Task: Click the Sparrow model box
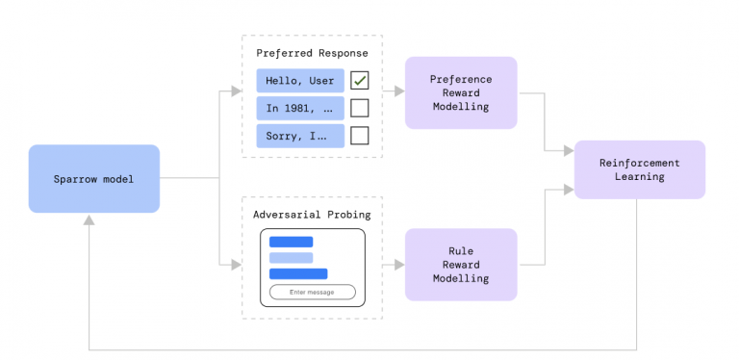tap(93, 178)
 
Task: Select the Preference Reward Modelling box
tap(461, 93)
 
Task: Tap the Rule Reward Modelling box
tap(461, 265)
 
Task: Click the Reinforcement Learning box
tap(639, 169)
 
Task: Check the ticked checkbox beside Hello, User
tap(359, 81)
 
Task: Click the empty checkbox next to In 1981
tap(359, 108)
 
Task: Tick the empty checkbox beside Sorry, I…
tap(359, 136)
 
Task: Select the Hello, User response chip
tap(300, 81)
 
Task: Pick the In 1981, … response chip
tap(300, 108)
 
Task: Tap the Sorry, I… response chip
tap(300, 136)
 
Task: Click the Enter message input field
tap(312, 292)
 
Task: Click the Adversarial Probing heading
tap(312, 213)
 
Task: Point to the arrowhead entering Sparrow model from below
tap(89, 219)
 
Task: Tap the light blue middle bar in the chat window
tap(291, 258)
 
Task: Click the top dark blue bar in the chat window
tap(291, 242)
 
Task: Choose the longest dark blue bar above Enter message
tap(298, 274)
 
